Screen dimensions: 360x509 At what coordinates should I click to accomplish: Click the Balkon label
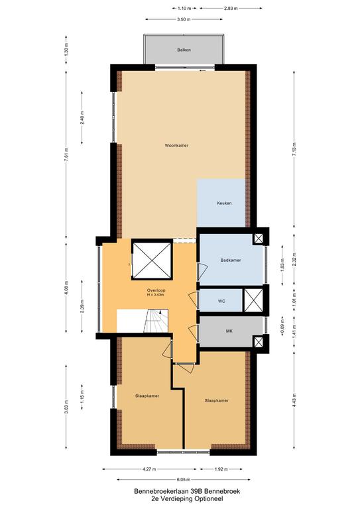coord(184,50)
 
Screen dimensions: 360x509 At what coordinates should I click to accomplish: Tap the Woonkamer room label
coord(176,146)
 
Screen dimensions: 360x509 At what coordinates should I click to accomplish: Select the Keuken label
coord(224,203)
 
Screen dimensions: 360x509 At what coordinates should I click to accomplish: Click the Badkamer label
coord(231,260)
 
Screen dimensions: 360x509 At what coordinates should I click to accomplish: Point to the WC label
coord(221,302)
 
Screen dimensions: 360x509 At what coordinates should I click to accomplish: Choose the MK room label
coord(229,331)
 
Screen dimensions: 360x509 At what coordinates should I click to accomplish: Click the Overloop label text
coord(156,290)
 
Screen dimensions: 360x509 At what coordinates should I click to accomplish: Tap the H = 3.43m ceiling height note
coord(156,295)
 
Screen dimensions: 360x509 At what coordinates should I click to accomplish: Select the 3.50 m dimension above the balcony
coord(184,19)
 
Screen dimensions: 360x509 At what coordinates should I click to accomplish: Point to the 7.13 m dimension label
coord(294,150)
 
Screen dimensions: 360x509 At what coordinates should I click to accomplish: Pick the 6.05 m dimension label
coord(184,479)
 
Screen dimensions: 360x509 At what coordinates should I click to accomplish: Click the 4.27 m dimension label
coord(149,469)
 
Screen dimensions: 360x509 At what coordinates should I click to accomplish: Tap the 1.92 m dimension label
coord(221,469)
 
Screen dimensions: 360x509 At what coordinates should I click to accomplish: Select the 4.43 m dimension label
coord(294,400)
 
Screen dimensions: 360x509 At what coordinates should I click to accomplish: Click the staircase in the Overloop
coord(156,321)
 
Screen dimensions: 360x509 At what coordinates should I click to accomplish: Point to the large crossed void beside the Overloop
coord(152,260)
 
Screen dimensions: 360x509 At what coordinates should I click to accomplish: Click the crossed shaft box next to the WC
coord(253,300)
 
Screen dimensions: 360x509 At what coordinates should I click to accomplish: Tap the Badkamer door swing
coord(203,272)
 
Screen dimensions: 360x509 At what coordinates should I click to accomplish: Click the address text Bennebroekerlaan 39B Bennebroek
coord(188,491)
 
